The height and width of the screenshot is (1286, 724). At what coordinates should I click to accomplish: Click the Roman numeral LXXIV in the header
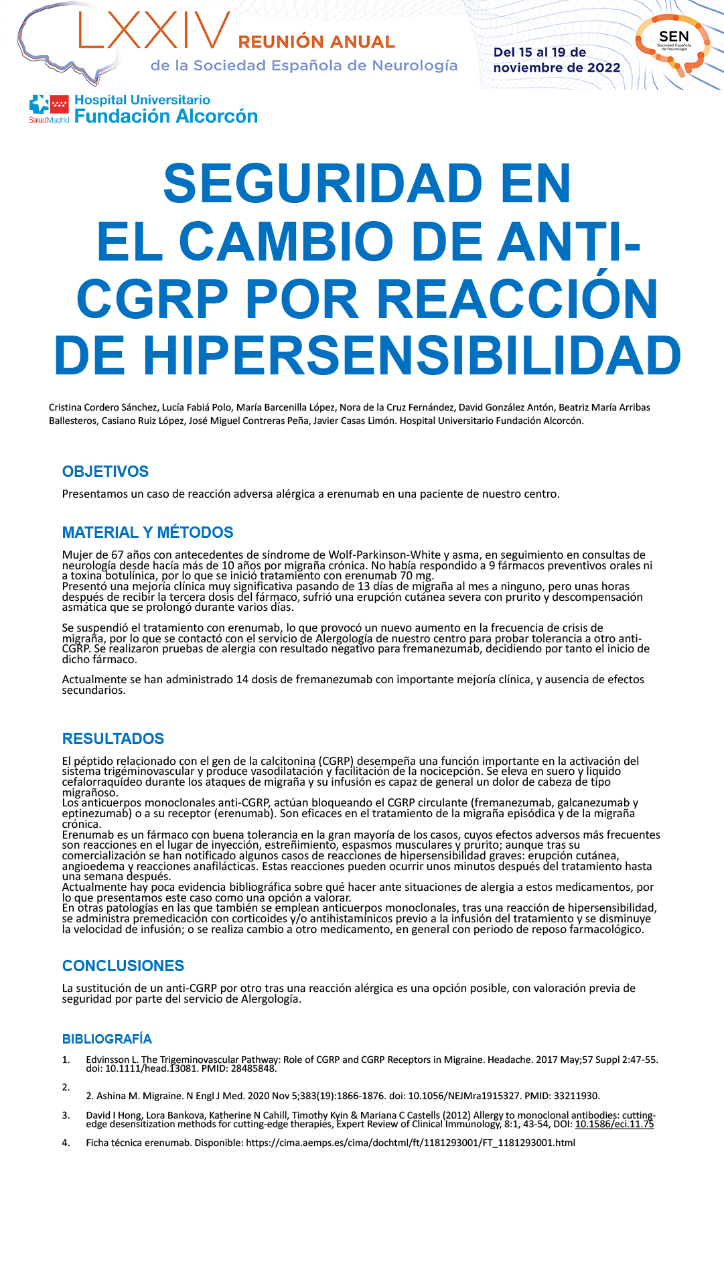pyautogui.click(x=155, y=32)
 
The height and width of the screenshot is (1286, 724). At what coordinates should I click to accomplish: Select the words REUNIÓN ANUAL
pyautogui.click(x=316, y=42)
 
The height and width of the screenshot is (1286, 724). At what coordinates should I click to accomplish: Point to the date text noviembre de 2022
pyautogui.click(x=557, y=68)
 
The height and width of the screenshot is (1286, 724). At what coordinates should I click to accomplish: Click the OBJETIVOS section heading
pyautogui.click(x=105, y=472)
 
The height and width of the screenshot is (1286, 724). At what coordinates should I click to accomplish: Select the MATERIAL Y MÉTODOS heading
pyautogui.click(x=147, y=532)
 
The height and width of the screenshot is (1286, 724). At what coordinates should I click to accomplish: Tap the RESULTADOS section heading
pyautogui.click(x=113, y=739)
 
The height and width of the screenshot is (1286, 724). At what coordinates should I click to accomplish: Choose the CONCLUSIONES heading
pyautogui.click(x=123, y=966)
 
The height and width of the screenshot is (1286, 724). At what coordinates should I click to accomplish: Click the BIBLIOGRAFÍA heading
pyautogui.click(x=106, y=1039)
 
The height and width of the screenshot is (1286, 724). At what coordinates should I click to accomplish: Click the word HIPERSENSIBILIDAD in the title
pyautogui.click(x=412, y=356)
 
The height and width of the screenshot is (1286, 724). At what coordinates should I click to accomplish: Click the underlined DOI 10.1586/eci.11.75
pyautogui.click(x=614, y=1124)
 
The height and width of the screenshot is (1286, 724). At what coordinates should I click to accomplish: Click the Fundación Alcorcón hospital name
pyautogui.click(x=165, y=117)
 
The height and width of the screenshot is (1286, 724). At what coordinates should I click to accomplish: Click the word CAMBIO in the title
pyautogui.click(x=287, y=241)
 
